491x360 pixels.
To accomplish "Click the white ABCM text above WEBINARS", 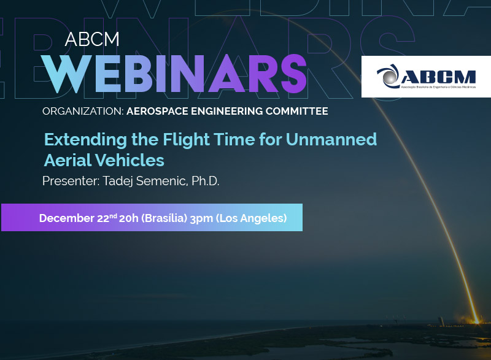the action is pyautogui.click(x=92, y=39).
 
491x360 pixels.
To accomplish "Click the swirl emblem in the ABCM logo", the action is pyautogui.click(x=388, y=76).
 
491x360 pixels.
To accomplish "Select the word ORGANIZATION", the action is pyautogui.click(x=83, y=112).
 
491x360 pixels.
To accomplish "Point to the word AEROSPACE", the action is pyautogui.click(x=157, y=112).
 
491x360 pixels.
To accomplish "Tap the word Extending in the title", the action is pyautogui.click(x=85, y=140).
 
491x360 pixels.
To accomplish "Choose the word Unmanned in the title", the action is pyautogui.click(x=331, y=139).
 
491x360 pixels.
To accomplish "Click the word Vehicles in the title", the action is pyautogui.click(x=130, y=160).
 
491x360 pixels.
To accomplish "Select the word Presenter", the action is pyautogui.click(x=71, y=181).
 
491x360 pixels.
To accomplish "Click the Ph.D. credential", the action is pyautogui.click(x=206, y=181).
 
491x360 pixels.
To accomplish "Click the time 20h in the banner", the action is pyautogui.click(x=129, y=218).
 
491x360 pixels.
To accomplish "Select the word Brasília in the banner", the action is pyautogui.click(x=164, y=218).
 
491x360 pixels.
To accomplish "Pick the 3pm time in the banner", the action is pyautogui.click(x=201, y=218).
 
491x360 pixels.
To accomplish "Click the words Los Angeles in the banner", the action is pyautogui.click(x=252, y=218).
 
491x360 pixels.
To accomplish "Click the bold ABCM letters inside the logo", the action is pyautogui.click(x=438, y=77).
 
